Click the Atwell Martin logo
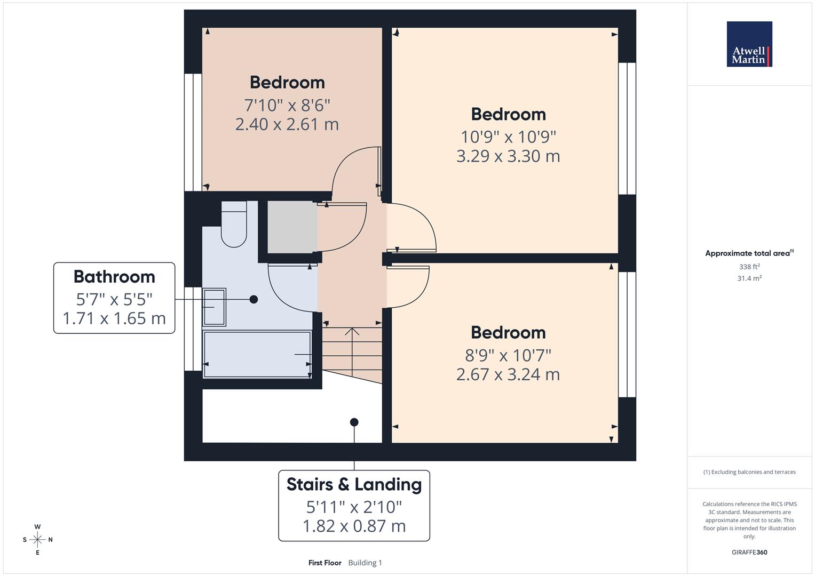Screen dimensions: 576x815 tap(749, 44)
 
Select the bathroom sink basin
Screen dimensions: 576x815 tap(215, 307)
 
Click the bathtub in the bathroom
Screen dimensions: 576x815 tap(257, 355)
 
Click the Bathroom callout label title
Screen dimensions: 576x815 tap(114, 277)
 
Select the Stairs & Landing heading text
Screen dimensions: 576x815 tap(354, 484)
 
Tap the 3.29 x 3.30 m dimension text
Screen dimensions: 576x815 tap(508, 156)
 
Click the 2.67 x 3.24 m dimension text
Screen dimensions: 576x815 tap(508, 374)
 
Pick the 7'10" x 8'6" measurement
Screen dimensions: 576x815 tap(287, 105)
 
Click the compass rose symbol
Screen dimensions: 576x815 tap(37, 540)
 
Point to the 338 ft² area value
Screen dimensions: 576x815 tap(749, 267)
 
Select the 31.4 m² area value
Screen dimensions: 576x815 tap(749, 278)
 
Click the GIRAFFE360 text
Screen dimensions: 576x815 tap(749, 553)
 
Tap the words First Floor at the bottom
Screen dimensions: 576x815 tap(325, 563)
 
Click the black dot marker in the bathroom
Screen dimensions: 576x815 tap(254, 300)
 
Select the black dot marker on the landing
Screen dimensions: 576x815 tap(354, 422)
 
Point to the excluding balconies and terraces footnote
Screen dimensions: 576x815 tap(749, 472)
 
